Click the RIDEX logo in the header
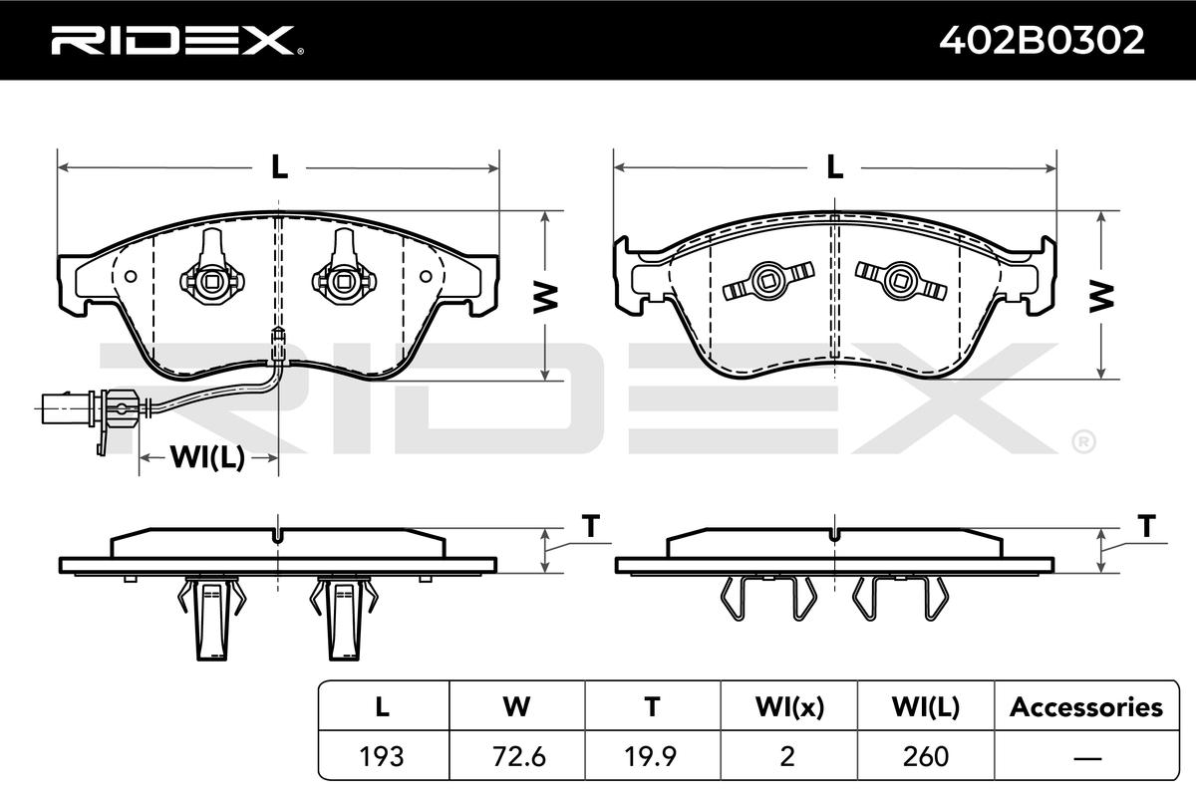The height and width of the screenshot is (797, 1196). click(x=177, y=40)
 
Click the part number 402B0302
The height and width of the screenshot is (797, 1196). click(x=1042, y=40)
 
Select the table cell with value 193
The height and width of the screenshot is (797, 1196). click(x=382, y=756)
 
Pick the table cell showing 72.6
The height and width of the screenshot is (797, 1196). click(x=518, y=756)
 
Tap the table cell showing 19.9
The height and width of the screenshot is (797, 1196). click(x=652, y=756)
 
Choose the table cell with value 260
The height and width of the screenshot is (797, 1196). click(x=925, y=756)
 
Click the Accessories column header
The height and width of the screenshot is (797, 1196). click(x=1086, y=706)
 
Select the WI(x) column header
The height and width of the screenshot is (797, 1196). click(x=789, y=706)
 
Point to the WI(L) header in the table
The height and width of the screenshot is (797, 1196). click(x=925, y=706)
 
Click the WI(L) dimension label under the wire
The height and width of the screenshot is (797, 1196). click(x=207, y=457)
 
